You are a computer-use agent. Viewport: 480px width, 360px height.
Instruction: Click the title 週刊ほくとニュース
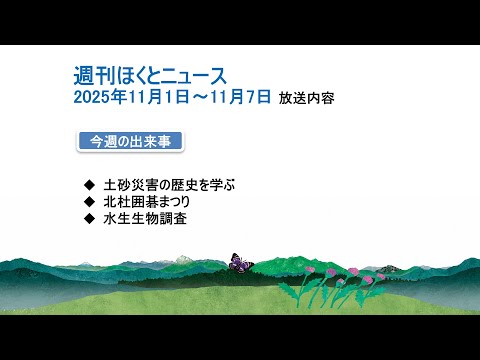tap(150, 76)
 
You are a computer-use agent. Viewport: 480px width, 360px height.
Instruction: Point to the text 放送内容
tap(308, 99)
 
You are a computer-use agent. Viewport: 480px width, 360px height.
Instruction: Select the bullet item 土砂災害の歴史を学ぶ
tap(176, 185)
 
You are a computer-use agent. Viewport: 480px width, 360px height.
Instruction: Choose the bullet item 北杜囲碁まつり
tap(153, 201)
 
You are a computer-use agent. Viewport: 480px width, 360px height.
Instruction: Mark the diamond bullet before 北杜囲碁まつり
tap(89, 202)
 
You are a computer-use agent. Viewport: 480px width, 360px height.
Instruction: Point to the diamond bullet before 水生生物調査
tap(89, 218)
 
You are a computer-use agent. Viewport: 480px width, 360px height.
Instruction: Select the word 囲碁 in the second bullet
tap(146, 201)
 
